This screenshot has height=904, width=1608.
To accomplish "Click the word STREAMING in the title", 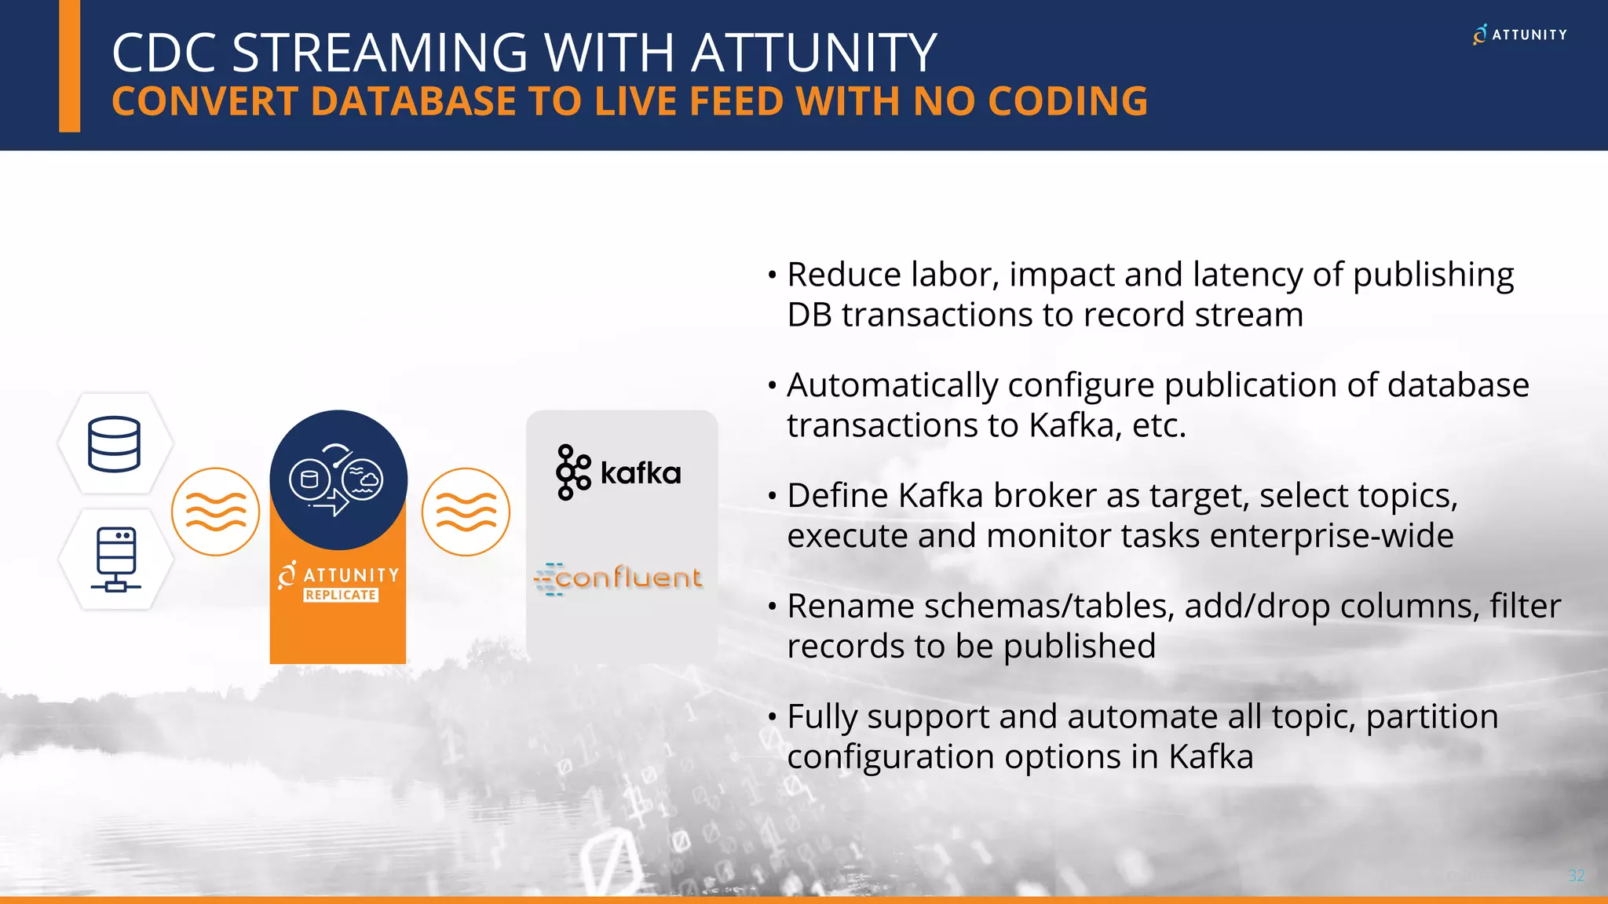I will [379, 53].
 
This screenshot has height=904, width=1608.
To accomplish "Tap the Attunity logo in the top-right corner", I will [1519, 35].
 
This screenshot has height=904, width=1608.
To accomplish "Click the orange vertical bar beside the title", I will [70, 66].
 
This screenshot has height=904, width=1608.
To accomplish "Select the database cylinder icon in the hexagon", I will [115, 444].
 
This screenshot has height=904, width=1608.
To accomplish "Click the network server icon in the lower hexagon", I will [116, 559].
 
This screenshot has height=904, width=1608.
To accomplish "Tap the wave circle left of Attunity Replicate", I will [215, 512].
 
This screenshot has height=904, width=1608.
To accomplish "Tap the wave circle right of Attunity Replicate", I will [466, 512].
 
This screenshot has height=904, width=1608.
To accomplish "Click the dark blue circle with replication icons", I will [338, 479].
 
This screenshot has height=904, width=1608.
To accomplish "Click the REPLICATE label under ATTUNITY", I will [341, 595].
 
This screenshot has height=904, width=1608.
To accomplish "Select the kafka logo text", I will [640, 473].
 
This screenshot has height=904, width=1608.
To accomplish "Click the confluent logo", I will [619, 579].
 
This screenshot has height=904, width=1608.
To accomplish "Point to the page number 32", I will [1576, 876].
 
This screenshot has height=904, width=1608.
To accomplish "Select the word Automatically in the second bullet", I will [892, 385].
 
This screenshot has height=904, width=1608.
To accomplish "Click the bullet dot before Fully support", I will [773, 716].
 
